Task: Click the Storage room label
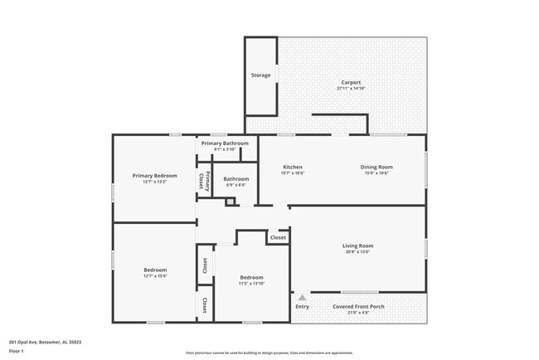tap(261, 75)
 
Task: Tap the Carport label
tap(351, 82)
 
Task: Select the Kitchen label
tap(293, 167)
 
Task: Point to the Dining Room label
tap(376, 167)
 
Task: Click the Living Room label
tap(358, 246)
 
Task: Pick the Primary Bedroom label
tap(155, 175)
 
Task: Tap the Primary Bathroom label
tap(224, 144)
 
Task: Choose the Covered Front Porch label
tap(358, 306)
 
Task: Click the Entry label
tap(302, 306)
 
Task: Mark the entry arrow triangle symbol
tap(302, 296)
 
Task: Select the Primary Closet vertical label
tap(203, 181)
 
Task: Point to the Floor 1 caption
tap(17, 351)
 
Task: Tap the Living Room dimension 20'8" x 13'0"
tap(358, 252)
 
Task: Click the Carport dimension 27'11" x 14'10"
tap(351, 88)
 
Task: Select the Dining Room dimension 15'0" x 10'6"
tap(376, 173)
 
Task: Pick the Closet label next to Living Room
tap(278, 237)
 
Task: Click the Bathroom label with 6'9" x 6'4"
tap(236, 178)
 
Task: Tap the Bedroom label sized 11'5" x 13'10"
tap(251, 277)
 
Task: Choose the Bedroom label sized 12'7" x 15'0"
tap(155, 270)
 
